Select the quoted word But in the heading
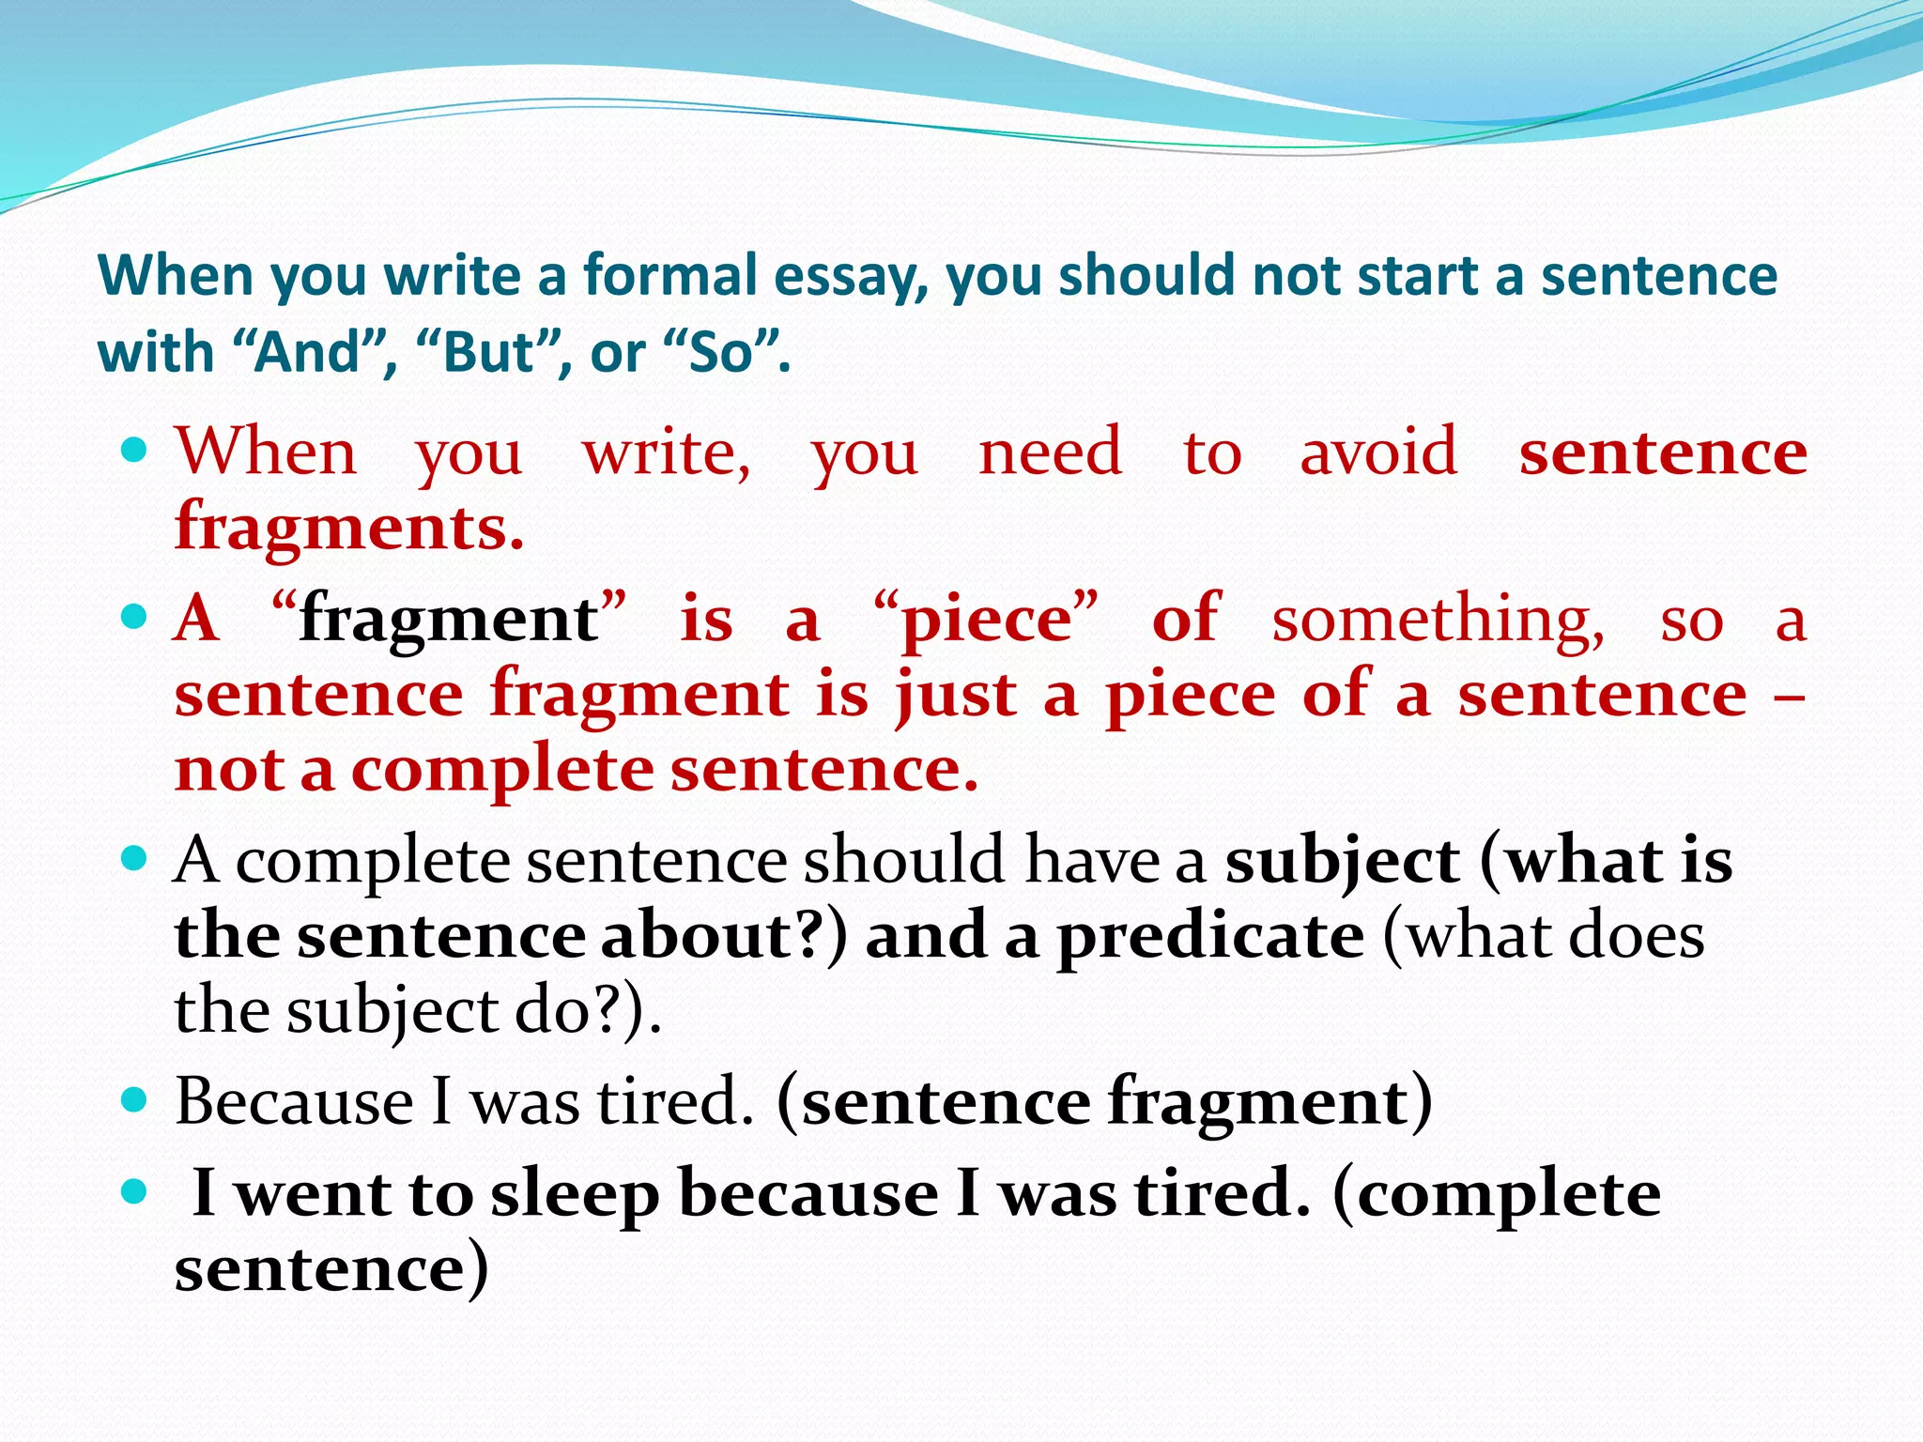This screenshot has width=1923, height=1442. click(492, 354)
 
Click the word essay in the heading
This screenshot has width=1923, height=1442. click(850, 277)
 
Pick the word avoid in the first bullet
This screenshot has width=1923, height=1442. click(1378, 453)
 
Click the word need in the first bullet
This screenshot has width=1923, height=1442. click(1050, 453)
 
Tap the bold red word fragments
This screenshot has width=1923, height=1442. click(348, 528)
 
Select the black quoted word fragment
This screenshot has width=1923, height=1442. click(449, 620)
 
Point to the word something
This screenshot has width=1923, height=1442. click(1438, 620)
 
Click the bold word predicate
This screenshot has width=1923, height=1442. click(1210, 937)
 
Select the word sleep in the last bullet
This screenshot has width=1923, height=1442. click(575, 1195)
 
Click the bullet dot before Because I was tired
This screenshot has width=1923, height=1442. click(135, 1099)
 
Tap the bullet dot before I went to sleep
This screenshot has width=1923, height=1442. click(135, 1193)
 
